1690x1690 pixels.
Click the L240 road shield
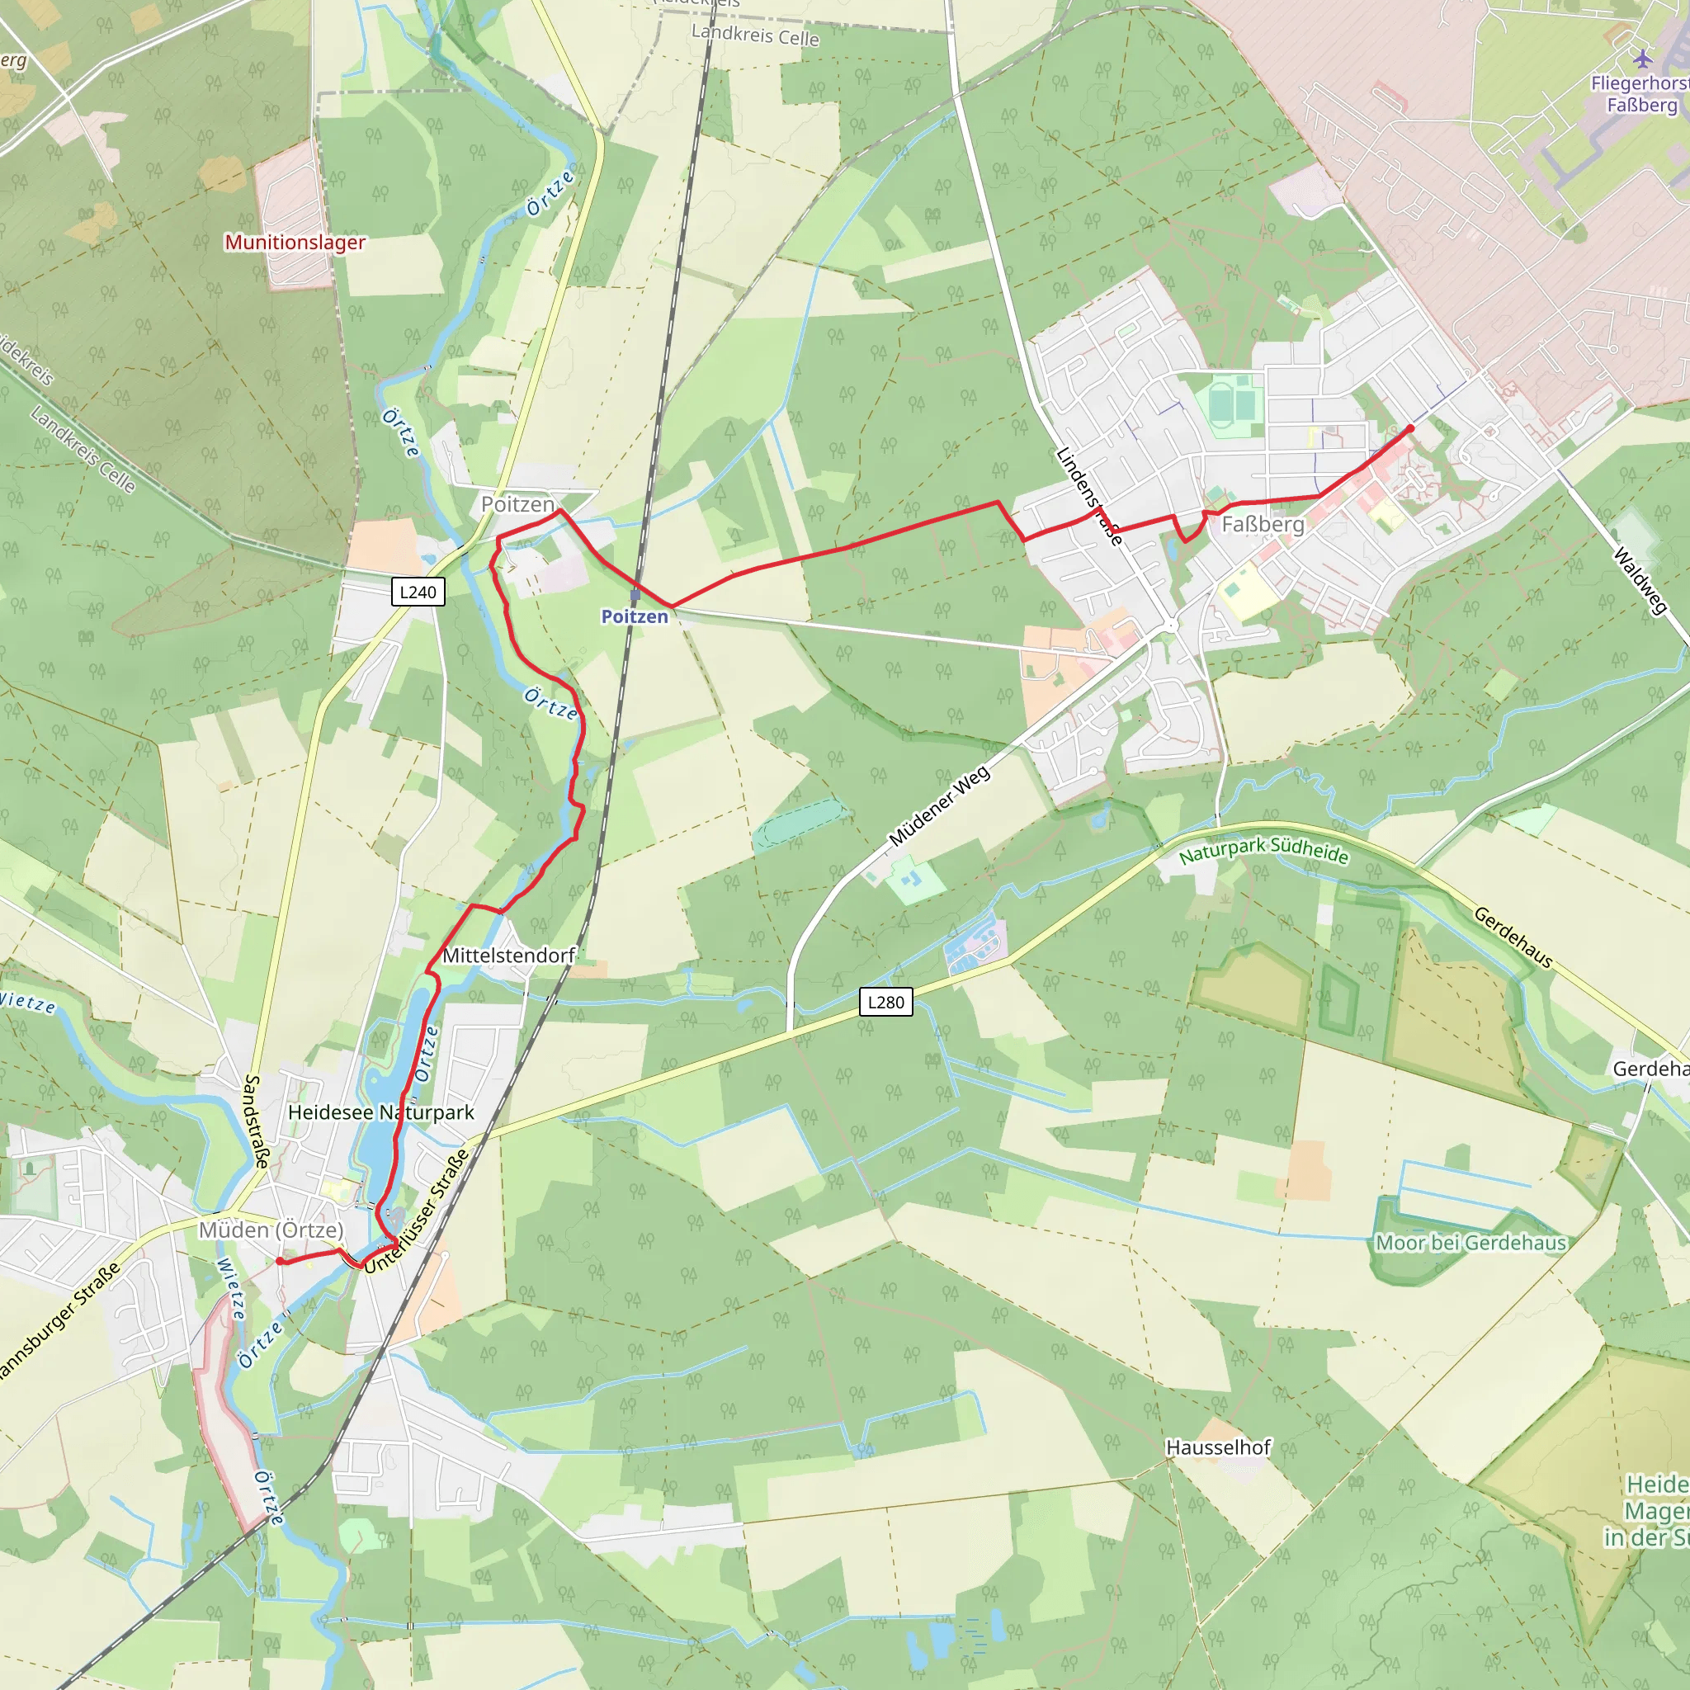[x=418, y=592]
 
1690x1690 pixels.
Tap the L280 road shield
[x=885, y=1003]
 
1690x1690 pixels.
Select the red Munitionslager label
[x=295, y=243]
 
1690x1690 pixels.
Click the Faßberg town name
[x=1263, y=525]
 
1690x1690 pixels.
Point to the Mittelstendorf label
[x=508, y=956]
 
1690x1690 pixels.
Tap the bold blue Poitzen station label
[x=635, y=616]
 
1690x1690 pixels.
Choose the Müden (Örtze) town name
[x=271, y=1230]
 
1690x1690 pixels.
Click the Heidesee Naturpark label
[x=380, y=1112]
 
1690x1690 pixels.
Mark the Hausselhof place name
[x=1218, y=1447]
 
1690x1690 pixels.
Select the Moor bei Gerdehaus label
[x=1470, y=1243]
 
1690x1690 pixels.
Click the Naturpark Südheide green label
[x=1263, y=850]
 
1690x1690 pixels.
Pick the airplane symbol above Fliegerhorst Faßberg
[x=1643, y=59]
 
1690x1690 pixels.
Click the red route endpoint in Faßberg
[x=1410, y=428]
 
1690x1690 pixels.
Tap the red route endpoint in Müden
[x=280, y=1261]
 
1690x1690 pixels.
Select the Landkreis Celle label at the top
[x=755, y=35]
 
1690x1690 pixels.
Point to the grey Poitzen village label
[x=518, y=505]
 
